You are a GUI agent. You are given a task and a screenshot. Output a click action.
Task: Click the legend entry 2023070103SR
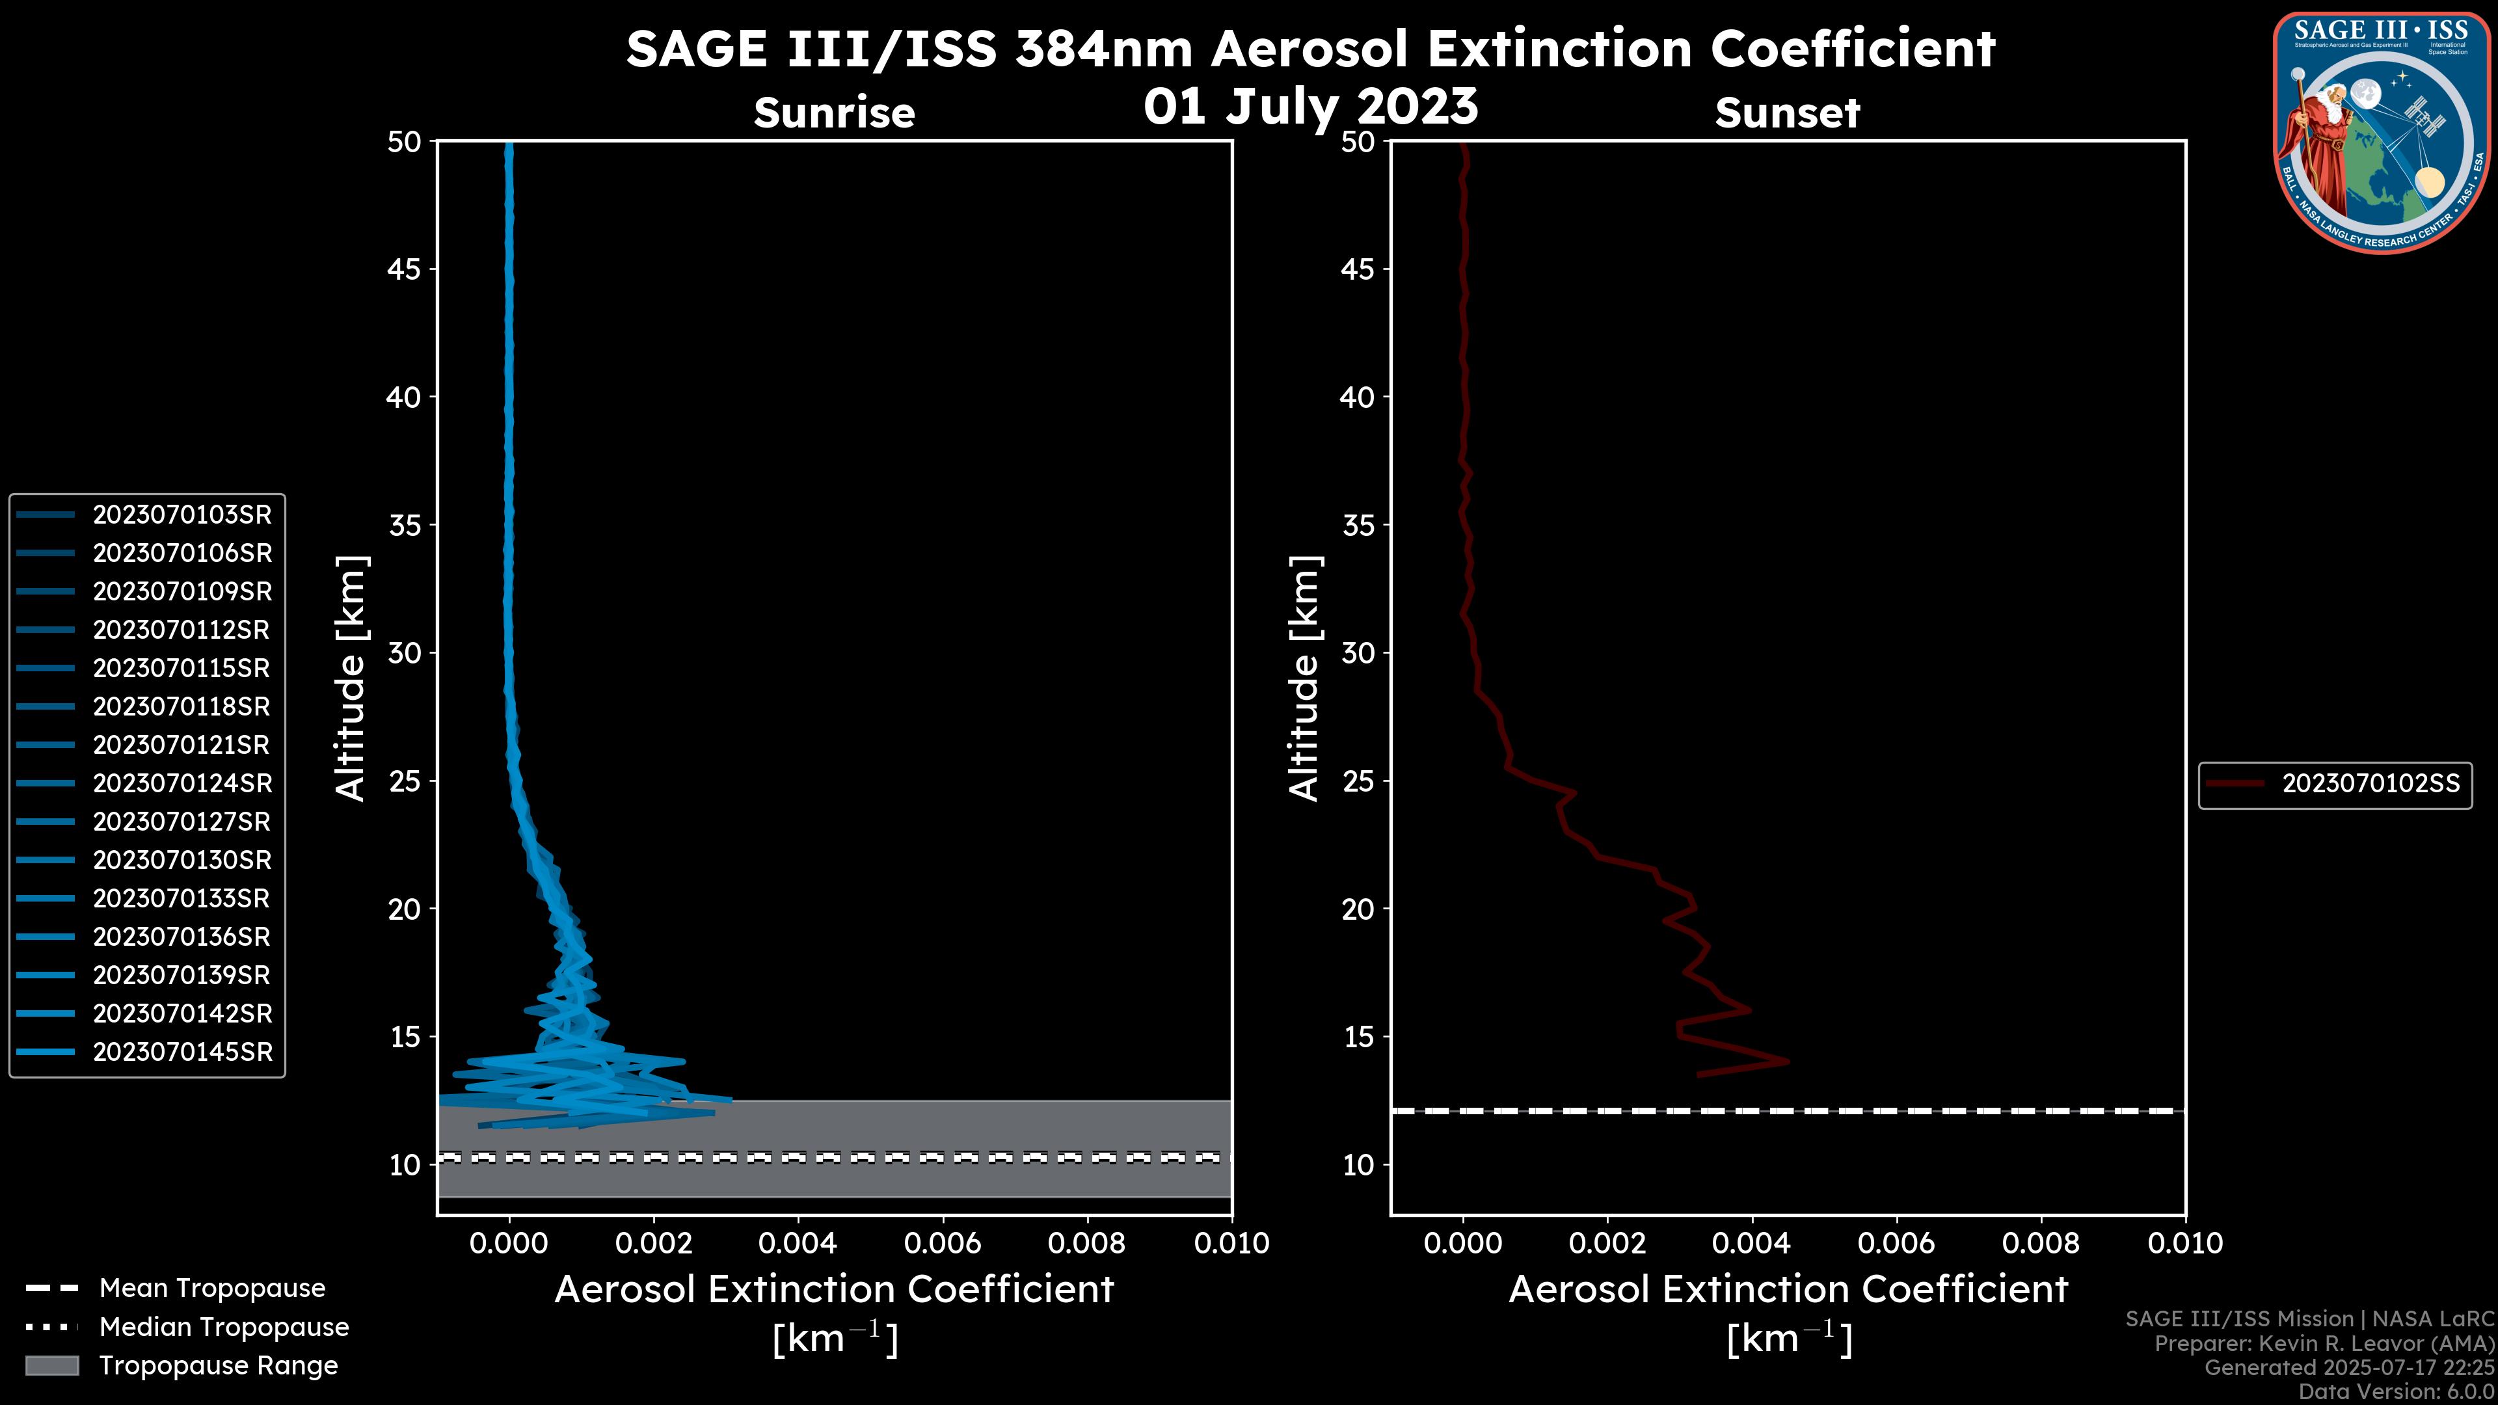181,515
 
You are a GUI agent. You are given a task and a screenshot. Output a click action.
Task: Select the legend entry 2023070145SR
181,1052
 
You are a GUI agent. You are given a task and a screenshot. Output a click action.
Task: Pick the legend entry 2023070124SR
181,783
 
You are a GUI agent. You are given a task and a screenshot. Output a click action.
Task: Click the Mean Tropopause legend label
211,1289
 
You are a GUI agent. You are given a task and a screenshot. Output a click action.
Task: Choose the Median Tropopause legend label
223,1328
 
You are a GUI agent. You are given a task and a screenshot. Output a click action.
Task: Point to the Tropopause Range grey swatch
51,1366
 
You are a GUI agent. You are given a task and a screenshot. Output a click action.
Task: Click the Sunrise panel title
834,113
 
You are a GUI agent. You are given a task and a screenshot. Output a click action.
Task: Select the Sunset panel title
1787,113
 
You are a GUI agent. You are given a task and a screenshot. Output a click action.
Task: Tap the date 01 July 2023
1311,107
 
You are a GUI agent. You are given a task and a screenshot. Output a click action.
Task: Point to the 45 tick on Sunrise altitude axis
405,269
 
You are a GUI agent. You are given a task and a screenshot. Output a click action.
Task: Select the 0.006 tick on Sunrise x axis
943,1243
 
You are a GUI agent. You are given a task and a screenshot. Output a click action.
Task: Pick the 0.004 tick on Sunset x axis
1753,1243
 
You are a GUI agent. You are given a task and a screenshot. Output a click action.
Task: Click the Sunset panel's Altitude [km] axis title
1304,678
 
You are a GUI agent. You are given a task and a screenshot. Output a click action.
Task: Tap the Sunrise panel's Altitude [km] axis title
350,678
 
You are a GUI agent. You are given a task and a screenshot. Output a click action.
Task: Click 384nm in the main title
1103,49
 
